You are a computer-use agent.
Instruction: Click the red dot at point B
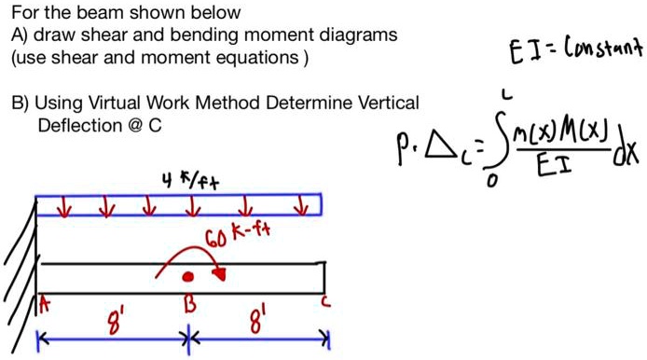click(188, 277)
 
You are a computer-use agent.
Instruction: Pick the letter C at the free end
click(323, 302)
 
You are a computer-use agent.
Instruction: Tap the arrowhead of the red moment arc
click(221, 273)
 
